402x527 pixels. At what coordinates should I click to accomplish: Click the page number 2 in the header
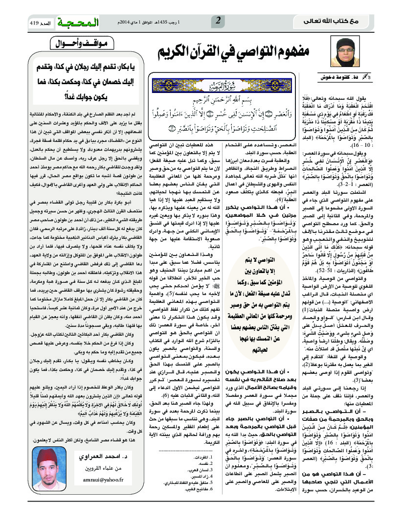click(218, 21)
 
